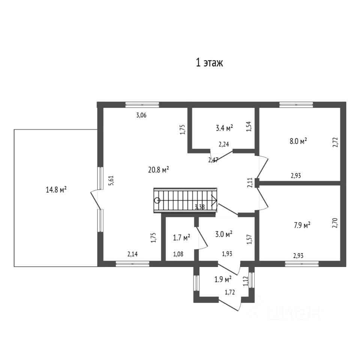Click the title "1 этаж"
click(x=210, y=63)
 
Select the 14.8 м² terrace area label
click(x=56, y=190)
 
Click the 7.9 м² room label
click(x=301, y=225)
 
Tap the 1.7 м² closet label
click(x=181, y=237)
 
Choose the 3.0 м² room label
click(x=224, y=234)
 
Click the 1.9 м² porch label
click(x=223, y=279)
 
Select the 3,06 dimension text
click(x=141, y=115)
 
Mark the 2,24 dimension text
click(x=224, y=144)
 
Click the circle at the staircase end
click(x=157, y=200)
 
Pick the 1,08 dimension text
click(x=178, y=254)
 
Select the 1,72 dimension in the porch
click(x=229, y=292)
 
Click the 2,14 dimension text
click(x=133, y=254)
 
